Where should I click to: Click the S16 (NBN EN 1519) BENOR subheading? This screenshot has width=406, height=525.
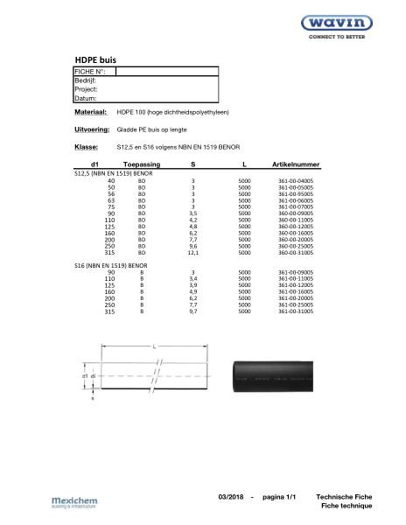pos(113,264)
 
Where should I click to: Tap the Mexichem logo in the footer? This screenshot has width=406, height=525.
pos(77,500)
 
